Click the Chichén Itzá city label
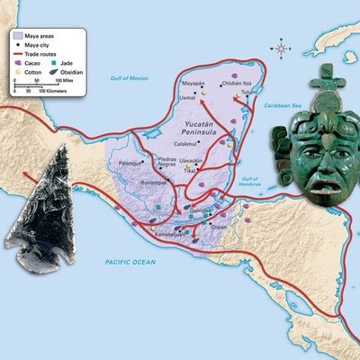pyautogui.click(x=234, y=83)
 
